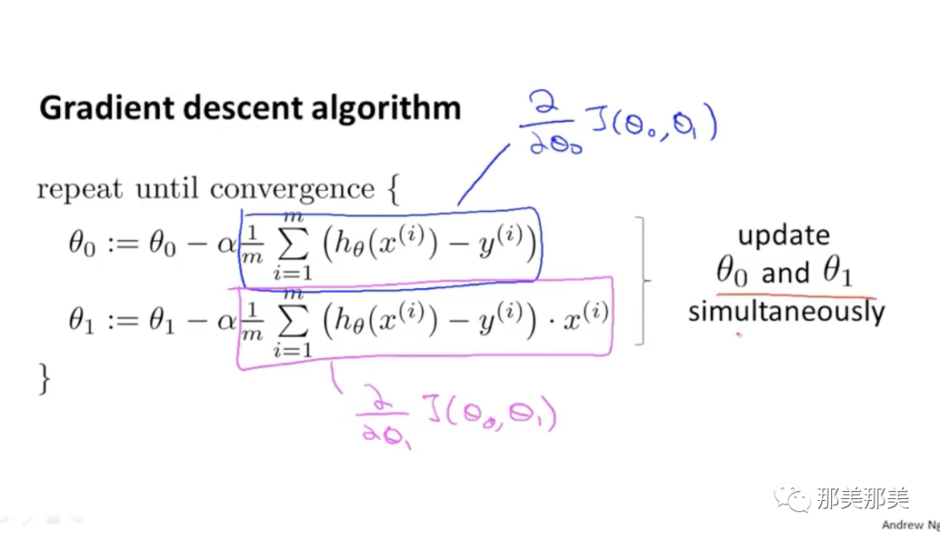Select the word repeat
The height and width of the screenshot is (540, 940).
[x=79, y=189]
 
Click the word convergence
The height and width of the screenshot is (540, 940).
[x=292, y=189]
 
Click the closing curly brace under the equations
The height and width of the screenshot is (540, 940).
[x=44, y=377]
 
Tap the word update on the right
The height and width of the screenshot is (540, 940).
[x=783, y=235]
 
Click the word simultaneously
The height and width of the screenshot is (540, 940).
[x=786, y=311]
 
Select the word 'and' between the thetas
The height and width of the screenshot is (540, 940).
[x=785, y=273]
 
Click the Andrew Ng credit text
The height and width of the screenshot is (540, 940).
[x=910, y=525]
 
